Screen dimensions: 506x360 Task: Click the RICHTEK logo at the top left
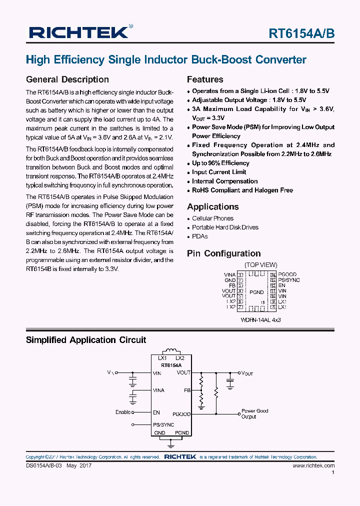point(80,32)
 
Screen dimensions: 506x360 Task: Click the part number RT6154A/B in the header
point(301,33)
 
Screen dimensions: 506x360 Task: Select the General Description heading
point(67,79)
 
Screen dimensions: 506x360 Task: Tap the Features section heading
point(205,79)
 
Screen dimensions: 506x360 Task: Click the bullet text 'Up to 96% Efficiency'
point(220,163)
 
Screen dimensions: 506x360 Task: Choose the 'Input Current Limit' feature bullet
point(219,172)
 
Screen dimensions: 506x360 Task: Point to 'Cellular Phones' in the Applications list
point(212,218)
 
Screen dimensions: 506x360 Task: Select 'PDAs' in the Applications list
point(199,236)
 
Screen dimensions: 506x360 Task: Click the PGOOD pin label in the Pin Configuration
point(287,274)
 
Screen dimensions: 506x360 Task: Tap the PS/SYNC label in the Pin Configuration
point(289,280)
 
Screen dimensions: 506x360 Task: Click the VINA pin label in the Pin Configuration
point(229,274)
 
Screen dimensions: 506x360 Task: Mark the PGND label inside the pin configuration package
point(256,292)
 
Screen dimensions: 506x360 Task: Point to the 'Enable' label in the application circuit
point(123,412)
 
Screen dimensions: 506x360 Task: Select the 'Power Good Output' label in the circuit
point(255,413)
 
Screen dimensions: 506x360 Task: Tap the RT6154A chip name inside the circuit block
point(171,365)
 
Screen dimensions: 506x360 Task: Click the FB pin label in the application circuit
point(187,390)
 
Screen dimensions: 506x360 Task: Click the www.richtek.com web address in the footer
point(313,465)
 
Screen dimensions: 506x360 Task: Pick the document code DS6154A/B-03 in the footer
point(43,465)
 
